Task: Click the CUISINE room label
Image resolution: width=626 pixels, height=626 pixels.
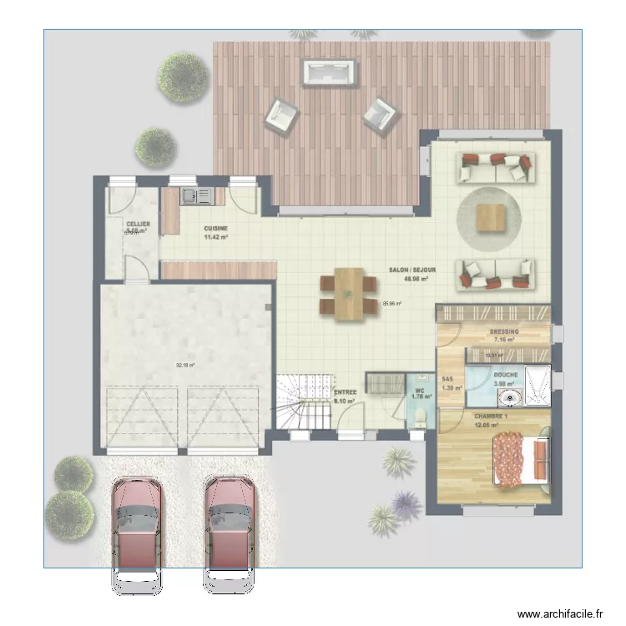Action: click(x=215, y=229)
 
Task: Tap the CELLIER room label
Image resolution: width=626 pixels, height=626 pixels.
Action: click(x=138, y=225)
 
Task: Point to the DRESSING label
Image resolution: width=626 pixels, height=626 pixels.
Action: click(x=505, y=331)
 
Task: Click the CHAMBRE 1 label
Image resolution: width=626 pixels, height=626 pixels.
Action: click(x=491, y=416)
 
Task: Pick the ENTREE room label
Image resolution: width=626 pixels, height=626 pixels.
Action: click(x=345, y=392)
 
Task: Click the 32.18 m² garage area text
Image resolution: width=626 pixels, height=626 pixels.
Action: click(x=184, y=365)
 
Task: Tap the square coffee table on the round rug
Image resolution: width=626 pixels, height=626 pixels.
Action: click(x=491, y=218)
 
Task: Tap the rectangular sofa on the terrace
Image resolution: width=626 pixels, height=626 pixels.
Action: click(x=331, y=72)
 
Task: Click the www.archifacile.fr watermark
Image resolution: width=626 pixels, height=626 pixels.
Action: click(x=558, y=613)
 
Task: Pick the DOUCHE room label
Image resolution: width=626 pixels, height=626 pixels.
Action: click(x=505, y=375)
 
